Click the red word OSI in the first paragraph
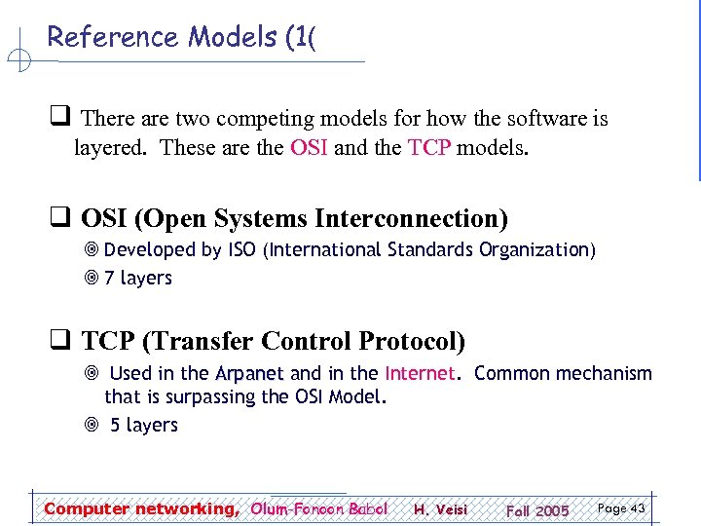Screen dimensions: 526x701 309,149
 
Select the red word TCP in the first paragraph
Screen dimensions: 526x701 429,149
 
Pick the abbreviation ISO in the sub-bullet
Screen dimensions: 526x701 241,250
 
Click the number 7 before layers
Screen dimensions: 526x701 109,279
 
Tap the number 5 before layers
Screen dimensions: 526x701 115,426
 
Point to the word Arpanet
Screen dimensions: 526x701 249,374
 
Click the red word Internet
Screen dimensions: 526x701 420,374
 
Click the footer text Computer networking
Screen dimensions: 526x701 140,508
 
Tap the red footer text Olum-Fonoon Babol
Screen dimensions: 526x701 318,508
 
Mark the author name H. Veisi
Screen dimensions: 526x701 440,509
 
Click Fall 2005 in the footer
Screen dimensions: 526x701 536,510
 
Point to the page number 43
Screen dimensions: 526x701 638,508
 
